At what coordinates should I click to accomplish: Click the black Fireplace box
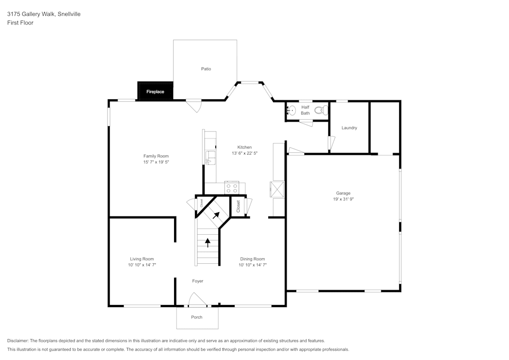coord(155,92)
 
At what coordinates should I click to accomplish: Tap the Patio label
coord(206,69)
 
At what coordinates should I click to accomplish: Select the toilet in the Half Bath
coord(320,110)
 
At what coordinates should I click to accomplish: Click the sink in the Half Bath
coord(292,110)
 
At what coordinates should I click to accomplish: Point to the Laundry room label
coord(349,128)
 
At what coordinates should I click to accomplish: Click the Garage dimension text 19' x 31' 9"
coord(343,200)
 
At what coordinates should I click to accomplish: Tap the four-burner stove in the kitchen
coord(232,188)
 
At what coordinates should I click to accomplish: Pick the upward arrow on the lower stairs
coord(207,242)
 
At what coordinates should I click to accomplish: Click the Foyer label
coord(197,281)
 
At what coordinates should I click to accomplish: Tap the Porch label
coord(196,317)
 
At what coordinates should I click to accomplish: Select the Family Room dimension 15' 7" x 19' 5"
coord(156,162)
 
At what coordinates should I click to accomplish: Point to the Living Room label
coord(142,259)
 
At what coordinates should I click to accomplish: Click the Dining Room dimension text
coord(252,265)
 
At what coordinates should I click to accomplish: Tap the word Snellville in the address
coord(69,14)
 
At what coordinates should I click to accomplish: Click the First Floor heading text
coord(20,23)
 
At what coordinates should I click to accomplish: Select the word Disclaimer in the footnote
coord(18,341)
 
